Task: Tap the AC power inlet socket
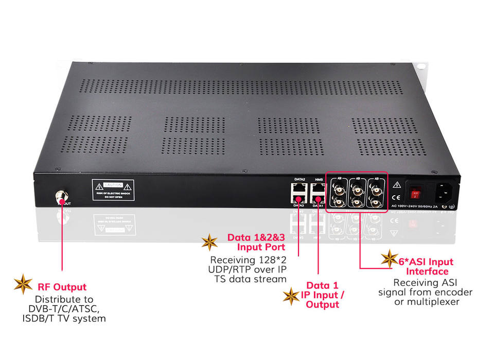(445, 193)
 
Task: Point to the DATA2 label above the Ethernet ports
(299, 179)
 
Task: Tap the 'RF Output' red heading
(62, 287)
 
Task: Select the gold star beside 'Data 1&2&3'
(209, 242)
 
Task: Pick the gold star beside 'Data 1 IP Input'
(292, 296)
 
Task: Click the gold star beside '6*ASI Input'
(389, 259)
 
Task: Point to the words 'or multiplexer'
(427, 302)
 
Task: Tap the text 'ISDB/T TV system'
(71, 318)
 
